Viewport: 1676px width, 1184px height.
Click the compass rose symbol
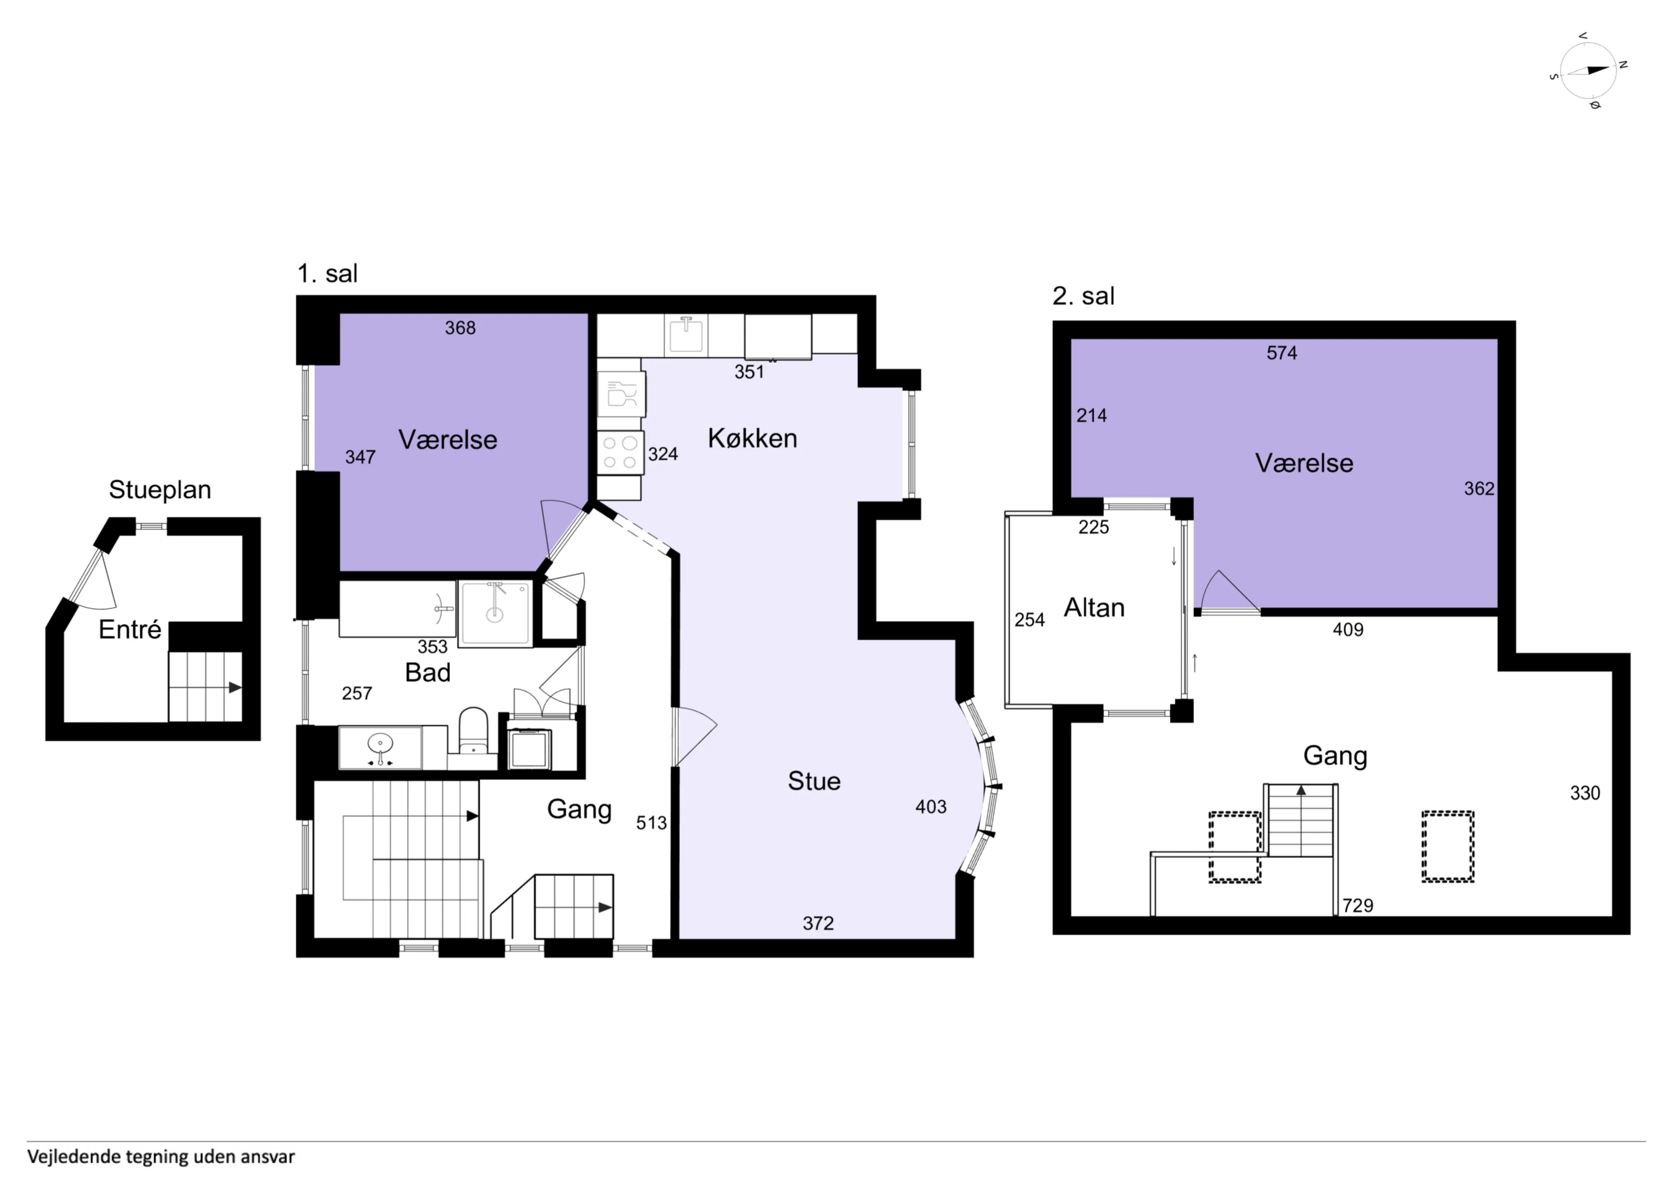point(1588,71)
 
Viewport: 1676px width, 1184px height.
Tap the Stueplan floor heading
point(160,489)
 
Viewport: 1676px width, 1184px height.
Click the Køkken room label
point(752,438)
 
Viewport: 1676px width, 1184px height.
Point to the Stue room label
point(814,781)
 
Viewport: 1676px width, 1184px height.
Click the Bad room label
point(428,672)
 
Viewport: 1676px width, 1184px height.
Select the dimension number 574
point(1282,353)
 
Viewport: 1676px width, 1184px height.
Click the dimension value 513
point(651,823)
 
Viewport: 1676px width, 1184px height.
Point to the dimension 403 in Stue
point(931,807)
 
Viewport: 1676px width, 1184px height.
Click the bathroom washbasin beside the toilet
point(380,748)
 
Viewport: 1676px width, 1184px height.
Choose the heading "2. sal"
point(1083,296)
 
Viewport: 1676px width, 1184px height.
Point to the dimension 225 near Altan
point(1093,527)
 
